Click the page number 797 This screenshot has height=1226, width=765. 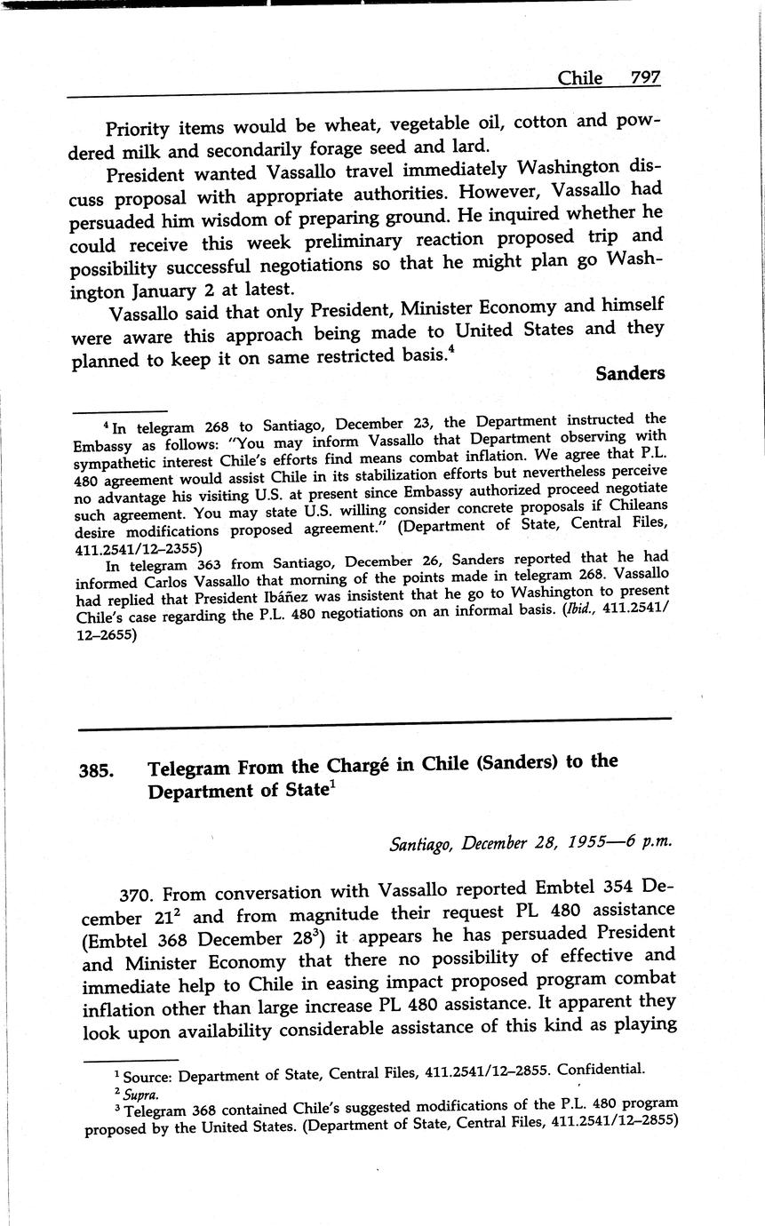point(645,78)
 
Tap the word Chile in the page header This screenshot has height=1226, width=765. point(579,78)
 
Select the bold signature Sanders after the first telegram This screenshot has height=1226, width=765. point(630,373)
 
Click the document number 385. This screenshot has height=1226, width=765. point(96,771)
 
